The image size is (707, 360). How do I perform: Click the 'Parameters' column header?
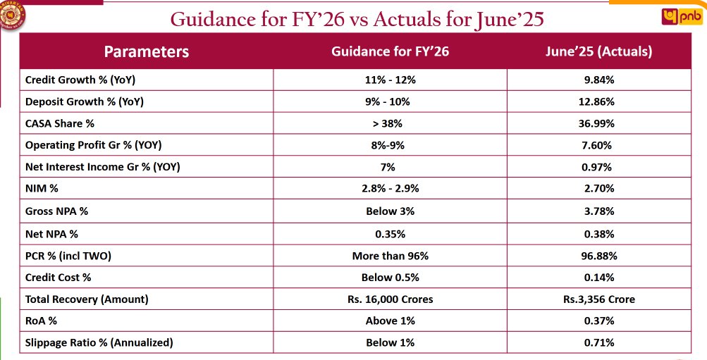point(147,51)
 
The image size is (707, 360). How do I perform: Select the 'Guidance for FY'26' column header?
point(390,51)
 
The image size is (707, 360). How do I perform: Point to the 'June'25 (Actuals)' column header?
point(598,51)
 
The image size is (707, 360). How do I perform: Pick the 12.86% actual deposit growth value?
point(598,101)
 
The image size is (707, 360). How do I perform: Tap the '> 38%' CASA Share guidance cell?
point(390,123)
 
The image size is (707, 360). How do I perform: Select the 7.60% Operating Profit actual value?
point(598,145)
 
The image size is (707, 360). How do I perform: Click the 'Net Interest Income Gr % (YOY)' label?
point(102,167)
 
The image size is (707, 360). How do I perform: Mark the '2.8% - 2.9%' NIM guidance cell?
point(390,189)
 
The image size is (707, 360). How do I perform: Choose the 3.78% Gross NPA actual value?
point(598,211)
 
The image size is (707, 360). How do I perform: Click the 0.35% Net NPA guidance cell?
point(390,233)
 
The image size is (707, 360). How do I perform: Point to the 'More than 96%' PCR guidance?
point(390,255)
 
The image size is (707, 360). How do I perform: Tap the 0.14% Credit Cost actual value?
point(598,277)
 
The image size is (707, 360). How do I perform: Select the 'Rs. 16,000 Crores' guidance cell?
point(390,299)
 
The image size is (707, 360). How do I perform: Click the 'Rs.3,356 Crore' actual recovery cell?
point(598,299)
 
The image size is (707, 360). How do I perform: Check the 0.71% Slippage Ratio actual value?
point(598,342)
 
